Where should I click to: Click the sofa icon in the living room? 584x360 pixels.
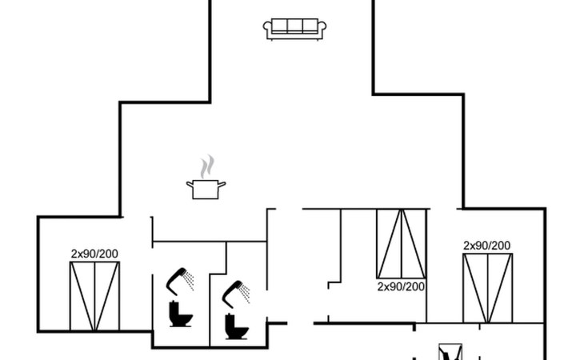[x=294, y=29]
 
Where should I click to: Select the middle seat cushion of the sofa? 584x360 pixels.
[x=294, y=26]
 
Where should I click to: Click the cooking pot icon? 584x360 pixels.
[x=206, y=189]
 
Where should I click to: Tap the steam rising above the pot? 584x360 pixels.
[x=207, y=166]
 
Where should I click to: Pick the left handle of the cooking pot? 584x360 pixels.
[x=190, y=185]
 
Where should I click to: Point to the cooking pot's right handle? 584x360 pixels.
[x=222, y=185]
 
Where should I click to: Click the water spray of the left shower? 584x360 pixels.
[x=189, y=279]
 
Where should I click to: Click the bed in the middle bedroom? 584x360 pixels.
[x=401, y=244]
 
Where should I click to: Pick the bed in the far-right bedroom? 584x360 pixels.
[x=487, y=288]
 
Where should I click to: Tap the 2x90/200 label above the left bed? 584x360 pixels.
[x=94, y=254]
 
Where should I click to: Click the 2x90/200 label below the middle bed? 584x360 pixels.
[x=401, y=286]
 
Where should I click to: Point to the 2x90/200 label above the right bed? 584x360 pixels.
[x=487, y=246]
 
